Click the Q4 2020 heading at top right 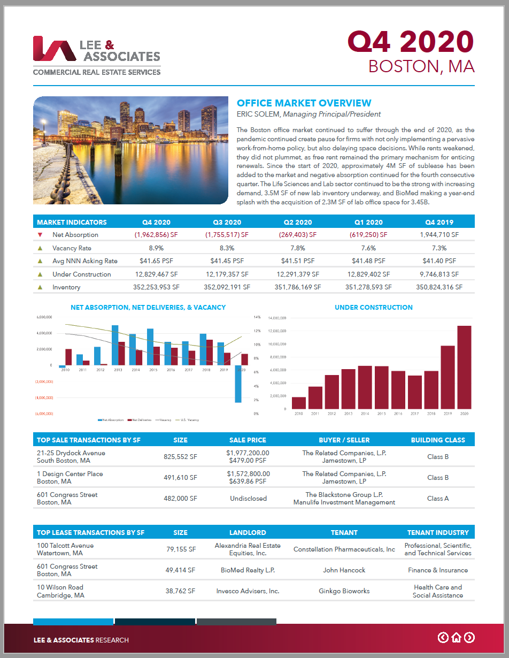(x=411, y=41)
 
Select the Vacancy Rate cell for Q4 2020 (x=156, y=248)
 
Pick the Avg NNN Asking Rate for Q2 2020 (x=297, y=261)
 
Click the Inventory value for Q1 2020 (x=368, y=287)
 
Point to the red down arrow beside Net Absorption (x=40, y=235)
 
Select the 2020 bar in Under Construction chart (x=464, y=368)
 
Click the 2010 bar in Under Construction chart (x=299, y=403)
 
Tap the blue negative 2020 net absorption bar (x=238, y=384)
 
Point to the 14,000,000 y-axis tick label (x=277, y=318)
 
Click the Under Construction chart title (x=373, y=308)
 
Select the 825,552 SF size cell (x=180, y=457)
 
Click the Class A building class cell (x=437, y=499)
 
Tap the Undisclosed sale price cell (x=248, y=499)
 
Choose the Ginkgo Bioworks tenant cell (x=344, y=591)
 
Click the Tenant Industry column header (x=437, y=533)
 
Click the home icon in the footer (x=456, y=637)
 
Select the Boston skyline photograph (x=131, y=150)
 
